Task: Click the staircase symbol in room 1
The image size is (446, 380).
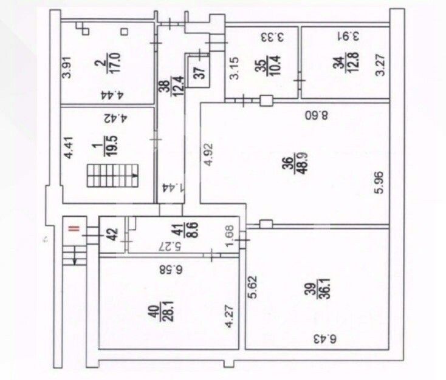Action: (112, 176)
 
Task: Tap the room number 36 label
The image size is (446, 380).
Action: (287, 166)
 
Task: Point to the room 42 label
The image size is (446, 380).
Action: (112, 233)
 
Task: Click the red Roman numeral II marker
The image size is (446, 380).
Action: (73, 228)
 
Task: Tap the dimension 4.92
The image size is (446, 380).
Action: (208, 157)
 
